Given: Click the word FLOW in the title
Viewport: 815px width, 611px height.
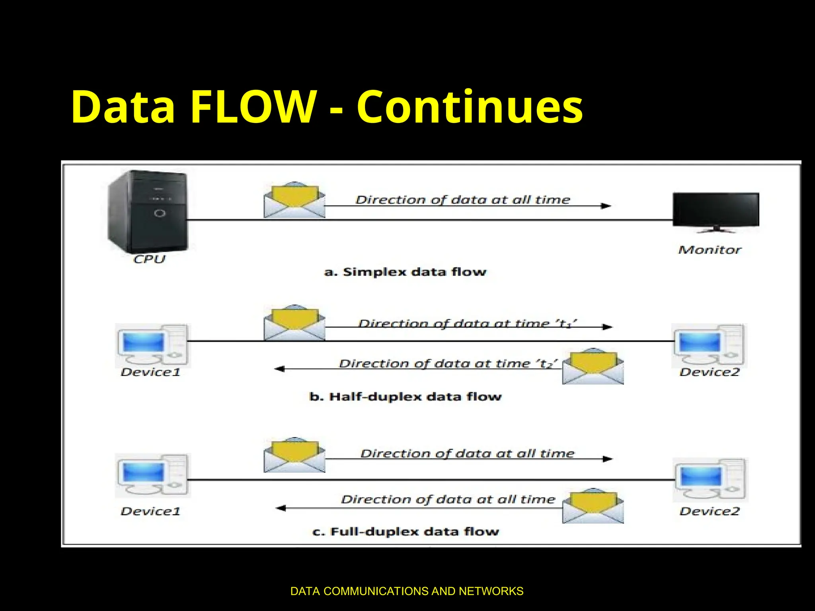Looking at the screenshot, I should (253, 107).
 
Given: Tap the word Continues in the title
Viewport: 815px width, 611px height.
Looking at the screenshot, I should (470, 107).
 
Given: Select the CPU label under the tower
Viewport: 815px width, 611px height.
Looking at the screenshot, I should (149, 259).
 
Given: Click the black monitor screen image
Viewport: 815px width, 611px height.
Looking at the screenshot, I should (716, 210).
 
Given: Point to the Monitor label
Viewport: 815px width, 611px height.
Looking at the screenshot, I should (710, 250).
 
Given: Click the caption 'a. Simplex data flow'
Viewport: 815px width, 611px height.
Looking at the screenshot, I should (405, 272).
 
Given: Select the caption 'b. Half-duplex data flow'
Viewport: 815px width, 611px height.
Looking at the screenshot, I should (405, 397).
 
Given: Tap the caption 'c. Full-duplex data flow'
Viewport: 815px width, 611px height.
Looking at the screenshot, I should (405, 531).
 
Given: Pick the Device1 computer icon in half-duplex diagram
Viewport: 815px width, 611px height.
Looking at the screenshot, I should (152, 345).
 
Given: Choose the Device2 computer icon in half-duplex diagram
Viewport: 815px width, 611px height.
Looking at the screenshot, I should (709, 345).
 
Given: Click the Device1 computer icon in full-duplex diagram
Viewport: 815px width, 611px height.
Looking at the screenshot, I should (152, 475).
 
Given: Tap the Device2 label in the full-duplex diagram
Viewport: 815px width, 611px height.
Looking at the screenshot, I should (709, 511).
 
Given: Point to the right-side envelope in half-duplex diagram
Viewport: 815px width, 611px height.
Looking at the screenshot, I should (593, 367).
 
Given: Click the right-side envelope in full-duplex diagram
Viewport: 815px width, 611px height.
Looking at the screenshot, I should (593, 506).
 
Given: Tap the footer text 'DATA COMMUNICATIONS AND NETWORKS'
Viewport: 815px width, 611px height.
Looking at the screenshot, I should (407, 591).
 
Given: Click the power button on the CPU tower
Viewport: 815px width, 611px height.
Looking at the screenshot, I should (160, 214).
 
